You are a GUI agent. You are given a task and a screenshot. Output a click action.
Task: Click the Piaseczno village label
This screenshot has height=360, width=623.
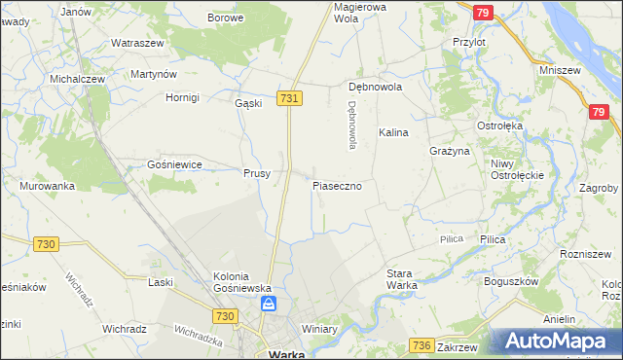pyautogui.click(x=338, y=185)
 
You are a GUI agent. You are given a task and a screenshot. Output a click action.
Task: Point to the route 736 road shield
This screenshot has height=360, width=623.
pyautogui.click(x=421, y=345)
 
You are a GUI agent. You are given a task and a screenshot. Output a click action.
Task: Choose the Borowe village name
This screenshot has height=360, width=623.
pyautogui.click(x=225, y=18)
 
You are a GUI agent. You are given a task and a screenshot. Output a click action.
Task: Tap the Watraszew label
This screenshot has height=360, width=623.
pyautogui.click(x=135, y=44)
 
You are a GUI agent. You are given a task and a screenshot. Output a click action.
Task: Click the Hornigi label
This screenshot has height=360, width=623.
pyautogui.click(x=181, y=97)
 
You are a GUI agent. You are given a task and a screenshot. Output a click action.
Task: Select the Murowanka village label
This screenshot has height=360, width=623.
pyautogui.click(x=47, y=186)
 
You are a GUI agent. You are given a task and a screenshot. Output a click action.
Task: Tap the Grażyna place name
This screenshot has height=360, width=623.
pyautogui.click(x=450, y=152)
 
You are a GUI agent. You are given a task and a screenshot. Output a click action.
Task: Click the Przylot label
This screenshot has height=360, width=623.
pyautogui.click(x=469, y=43)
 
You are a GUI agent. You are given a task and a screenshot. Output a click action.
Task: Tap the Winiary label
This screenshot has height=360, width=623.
pyautogui.click(x=318, y=329)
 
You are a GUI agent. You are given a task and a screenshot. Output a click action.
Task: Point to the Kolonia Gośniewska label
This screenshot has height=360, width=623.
pyautogui.click(x=240, y=282)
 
